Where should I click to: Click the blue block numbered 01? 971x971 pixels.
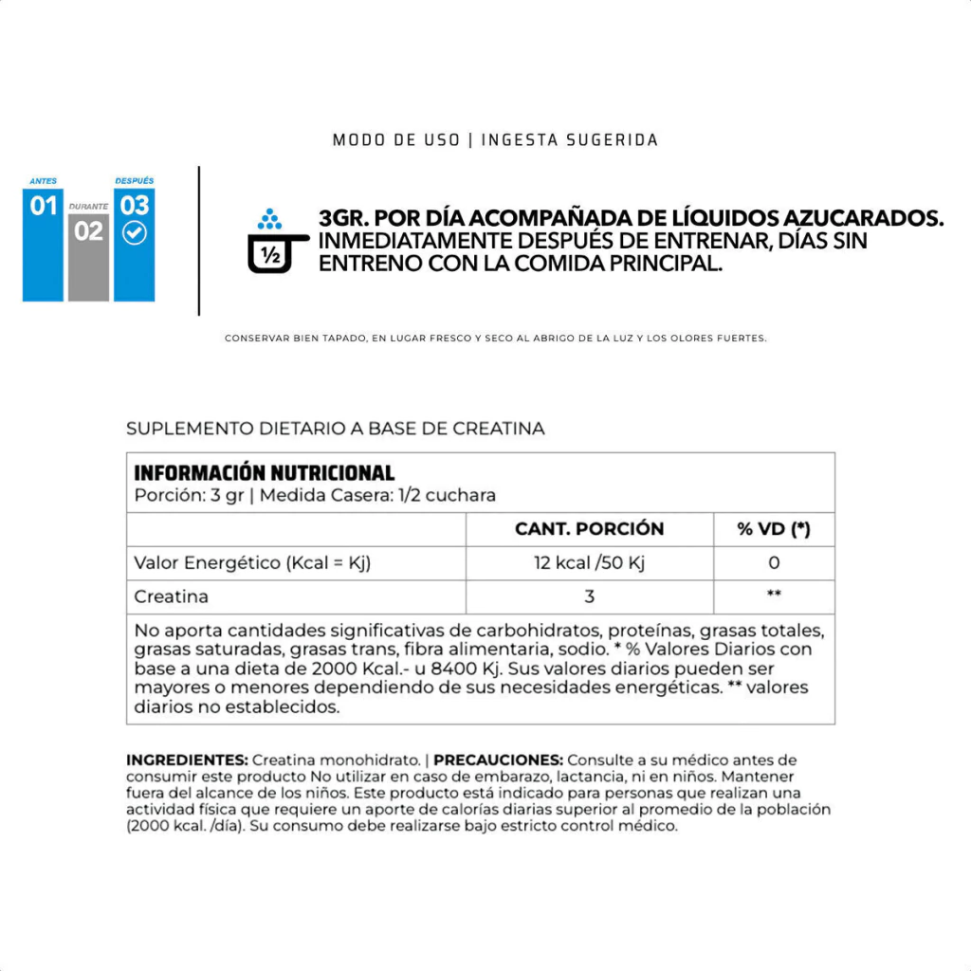pyautogui.click(x=43, y=245)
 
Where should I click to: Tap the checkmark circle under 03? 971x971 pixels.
pyautogui.click(x=135, y=233)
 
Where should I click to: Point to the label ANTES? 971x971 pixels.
pyautogui.click(x=43, y=180)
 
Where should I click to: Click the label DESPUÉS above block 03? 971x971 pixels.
pyautogui.click(x=134, y=180)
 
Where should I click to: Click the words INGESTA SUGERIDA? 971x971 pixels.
pyautogui.click(x=570, y=140)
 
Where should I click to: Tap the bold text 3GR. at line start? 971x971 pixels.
pyautogui.click(x=344, y=218)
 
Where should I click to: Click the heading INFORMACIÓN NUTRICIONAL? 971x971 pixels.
pyautogui.click(x=264, y=473)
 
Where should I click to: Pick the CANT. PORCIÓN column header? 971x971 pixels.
pyautogui.click(x=589, y=529)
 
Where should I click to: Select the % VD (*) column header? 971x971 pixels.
pyautogui.click(x=774, y=529)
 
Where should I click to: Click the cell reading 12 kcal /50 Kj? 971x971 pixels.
pyautogui.click(x=589, y=563)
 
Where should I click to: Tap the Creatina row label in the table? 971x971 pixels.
pyautogui.click(x=172, y=597)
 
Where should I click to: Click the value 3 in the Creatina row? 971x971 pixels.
pyautogui.click(x=589, y=597)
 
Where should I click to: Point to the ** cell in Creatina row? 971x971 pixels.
pyautogui.click(x=774, y=595)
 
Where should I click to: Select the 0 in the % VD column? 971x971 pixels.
pyautogui.click(x=774, y=563)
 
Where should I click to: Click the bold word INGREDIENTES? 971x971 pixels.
pyautogui.click(x=188, y=760)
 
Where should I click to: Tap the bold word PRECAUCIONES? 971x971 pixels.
pyautogui.click(x=499, y=760)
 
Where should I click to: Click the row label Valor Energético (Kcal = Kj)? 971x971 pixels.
pyautogui.click(x=252, y=563)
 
